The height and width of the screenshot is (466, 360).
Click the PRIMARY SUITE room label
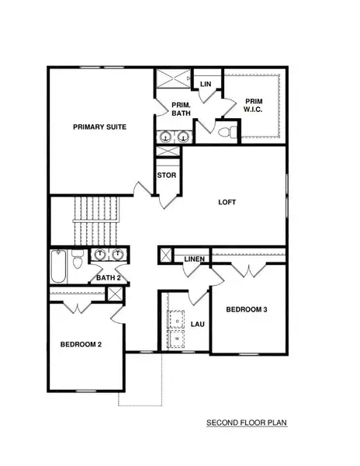coord(99,127)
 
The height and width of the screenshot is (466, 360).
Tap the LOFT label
coord(227,203)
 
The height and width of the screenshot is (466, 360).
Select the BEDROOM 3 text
coord(247,310)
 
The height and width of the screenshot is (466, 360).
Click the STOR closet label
coord(167,176)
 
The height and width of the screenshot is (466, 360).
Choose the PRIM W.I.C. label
coord(254,106)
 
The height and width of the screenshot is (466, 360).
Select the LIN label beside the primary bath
coord(206,84)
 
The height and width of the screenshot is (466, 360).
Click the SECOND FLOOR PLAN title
coord(247,424)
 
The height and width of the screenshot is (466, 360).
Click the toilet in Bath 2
coord(76,262)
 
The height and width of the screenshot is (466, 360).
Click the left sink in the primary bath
coord(165,137)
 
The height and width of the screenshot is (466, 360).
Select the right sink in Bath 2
coord(118,256)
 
